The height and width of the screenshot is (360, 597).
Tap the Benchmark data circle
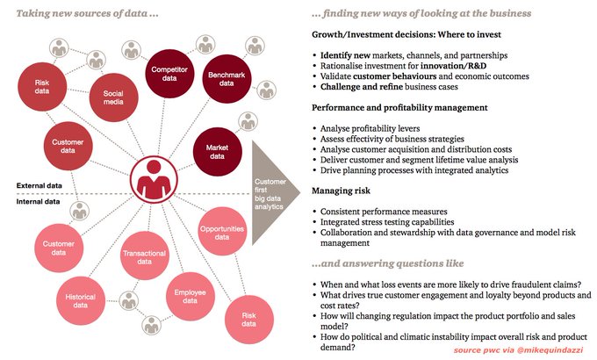tap(226, 83)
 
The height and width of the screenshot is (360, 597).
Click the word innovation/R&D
tap(452, 66)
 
